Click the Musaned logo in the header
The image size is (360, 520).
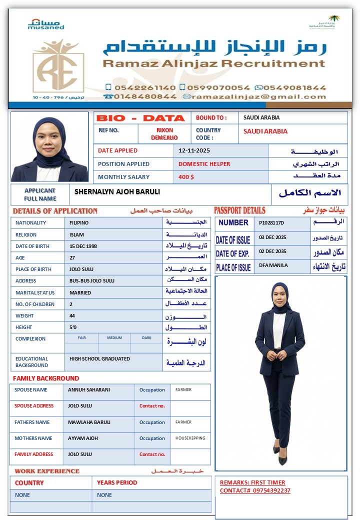46,24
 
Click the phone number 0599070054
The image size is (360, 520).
218,87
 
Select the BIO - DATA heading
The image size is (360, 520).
140,118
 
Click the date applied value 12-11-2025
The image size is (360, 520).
194,150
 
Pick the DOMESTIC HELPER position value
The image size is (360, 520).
204,164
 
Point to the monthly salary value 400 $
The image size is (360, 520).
186,177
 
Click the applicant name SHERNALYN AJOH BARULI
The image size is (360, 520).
117,191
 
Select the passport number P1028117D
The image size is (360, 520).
271,222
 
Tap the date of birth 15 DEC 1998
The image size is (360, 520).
83,246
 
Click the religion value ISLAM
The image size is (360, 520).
76,234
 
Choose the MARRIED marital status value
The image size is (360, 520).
80,292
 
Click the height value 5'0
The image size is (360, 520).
73,327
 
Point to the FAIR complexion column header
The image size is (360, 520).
81,338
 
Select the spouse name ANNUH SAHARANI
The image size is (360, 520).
89,390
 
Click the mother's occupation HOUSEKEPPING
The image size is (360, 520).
190,438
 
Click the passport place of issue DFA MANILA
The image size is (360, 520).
273,265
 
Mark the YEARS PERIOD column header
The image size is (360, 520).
117,482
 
